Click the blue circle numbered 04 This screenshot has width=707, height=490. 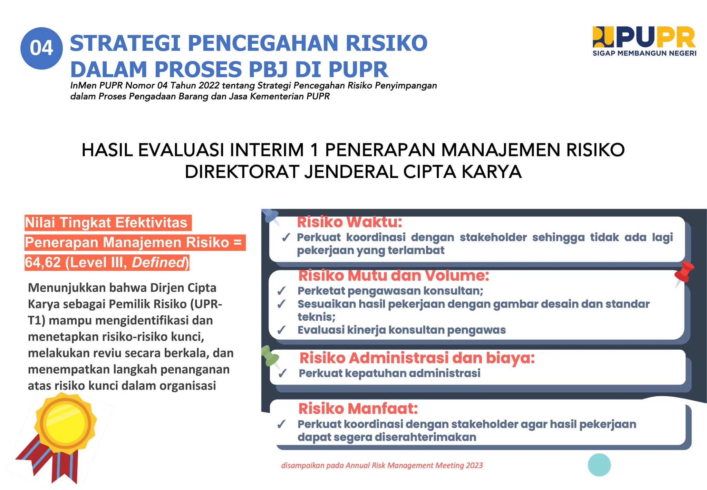(41, 48)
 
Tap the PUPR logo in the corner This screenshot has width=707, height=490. (644, 37)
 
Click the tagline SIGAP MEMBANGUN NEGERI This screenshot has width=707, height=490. (644, 53)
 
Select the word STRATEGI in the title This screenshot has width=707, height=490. (125, 44)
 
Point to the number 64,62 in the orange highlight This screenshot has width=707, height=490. (43, 263)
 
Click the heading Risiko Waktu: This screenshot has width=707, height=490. (349, 222)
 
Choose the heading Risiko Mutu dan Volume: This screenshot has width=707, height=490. (394, 276)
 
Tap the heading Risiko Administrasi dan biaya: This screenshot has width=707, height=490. (417, 358)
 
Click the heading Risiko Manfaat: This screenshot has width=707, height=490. (358, 409)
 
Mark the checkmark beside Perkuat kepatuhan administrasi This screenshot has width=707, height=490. (283, 374)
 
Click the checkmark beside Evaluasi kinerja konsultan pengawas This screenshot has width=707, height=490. (281, 330)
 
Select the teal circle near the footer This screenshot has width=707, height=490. (599, 465)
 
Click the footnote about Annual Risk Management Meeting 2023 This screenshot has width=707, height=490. (382, 465)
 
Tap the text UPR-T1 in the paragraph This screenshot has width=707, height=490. (207, 304)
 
